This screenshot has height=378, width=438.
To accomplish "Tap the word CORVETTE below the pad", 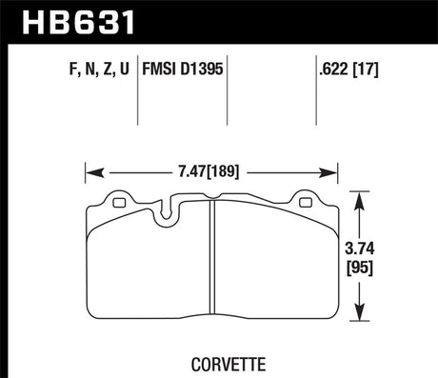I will (x=211, y=362).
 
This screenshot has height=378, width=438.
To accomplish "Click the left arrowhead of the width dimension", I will (x=90, y=172).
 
